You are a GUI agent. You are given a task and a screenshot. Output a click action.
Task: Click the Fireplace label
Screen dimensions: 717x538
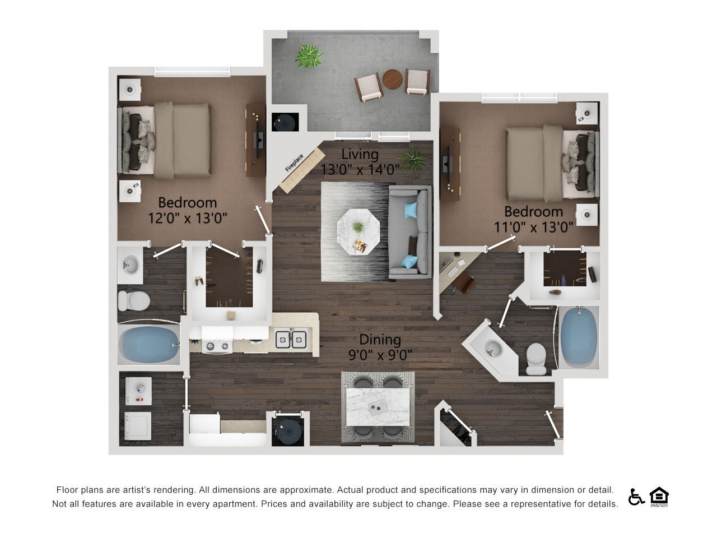click(x=294, y=163)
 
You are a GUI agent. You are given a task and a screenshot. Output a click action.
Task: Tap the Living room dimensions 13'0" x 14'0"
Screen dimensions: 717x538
click(x=360, y=170)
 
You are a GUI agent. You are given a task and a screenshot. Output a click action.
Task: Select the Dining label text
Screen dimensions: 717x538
click(x=380, y=340)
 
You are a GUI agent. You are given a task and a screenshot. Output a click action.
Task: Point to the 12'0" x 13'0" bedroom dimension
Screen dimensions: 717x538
click(x=188, y=218)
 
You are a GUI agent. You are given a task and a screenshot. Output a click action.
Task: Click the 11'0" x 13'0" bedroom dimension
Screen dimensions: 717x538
click(x=533, y=228)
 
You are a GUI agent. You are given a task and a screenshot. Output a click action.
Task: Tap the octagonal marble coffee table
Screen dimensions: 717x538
click(x=358, y=231)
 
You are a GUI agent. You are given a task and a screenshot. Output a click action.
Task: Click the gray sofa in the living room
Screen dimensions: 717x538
click(x=410, y=232)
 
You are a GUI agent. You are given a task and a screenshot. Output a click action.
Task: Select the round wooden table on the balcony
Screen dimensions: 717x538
click(x=392, y=80)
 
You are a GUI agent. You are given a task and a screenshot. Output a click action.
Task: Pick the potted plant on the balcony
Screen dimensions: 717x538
click(x=308, y=56)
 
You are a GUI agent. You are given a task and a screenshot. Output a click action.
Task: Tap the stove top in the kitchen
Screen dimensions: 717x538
click(x=217, y=346)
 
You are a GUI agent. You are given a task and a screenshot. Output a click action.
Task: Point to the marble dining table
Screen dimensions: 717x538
click(x=378, y=407)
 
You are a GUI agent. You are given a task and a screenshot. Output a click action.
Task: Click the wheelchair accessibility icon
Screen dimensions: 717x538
click(x=636, y=497)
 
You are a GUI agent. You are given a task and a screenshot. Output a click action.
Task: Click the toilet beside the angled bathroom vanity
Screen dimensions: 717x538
click(x=536, y=358)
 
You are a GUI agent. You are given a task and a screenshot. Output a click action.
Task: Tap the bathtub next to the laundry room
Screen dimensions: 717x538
click(x=149, y=345)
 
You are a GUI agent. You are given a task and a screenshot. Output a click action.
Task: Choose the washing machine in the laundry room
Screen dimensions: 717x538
click(x=138, y=391)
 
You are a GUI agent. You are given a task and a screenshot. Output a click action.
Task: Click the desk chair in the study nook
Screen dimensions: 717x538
click(x=463, y=282)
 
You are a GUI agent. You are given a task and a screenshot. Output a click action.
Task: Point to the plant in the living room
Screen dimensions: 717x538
click(x=413, y=160)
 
